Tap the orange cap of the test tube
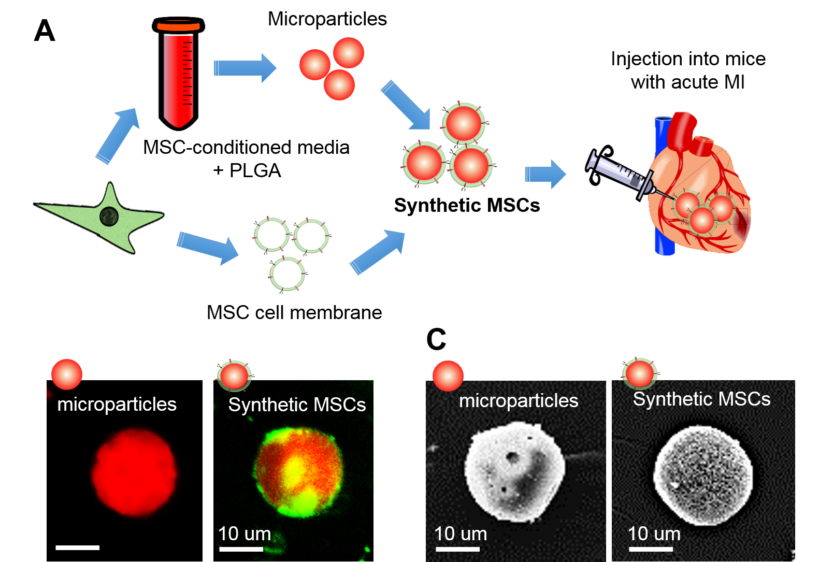(x=179, y=26)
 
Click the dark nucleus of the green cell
(x=109, y=217)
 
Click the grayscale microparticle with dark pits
(x=514, y=470)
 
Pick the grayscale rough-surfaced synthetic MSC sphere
(x=703, y=474)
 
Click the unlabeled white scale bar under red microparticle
(x=78, y=547)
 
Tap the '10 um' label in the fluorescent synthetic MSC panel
(x=245, y=534)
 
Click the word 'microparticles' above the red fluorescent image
(x=117, y=405)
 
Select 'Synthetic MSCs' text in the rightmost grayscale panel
(x=701, y=399)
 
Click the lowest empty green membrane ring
(x=288, y=274)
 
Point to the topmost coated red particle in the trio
(x=464, y=124)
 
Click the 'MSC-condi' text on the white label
(x=197, y=148)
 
